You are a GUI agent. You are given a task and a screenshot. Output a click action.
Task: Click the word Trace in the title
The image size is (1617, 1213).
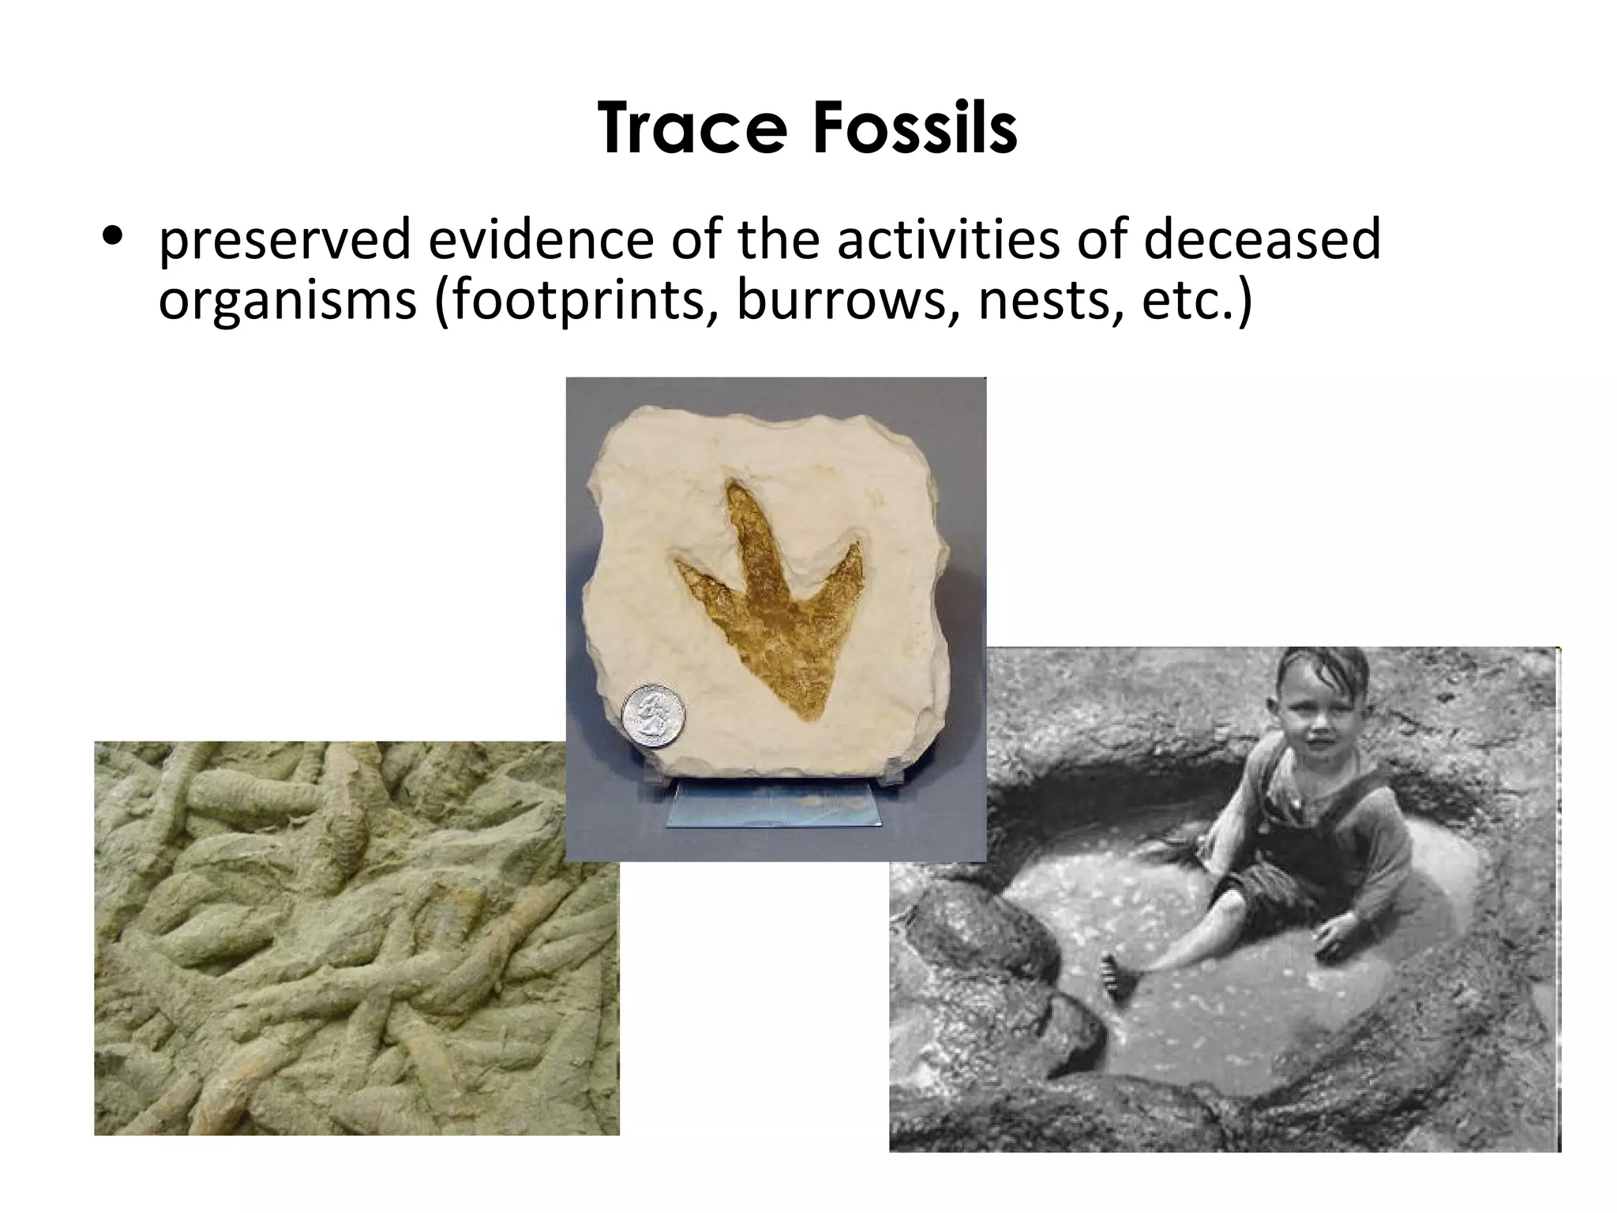tap(693, 129)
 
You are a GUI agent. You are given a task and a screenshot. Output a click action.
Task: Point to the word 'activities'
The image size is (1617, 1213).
tap(947, 239)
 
